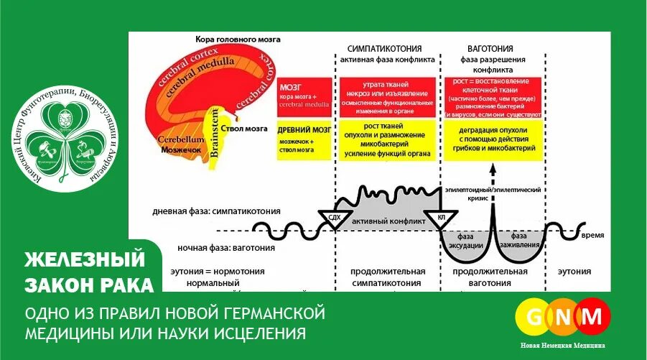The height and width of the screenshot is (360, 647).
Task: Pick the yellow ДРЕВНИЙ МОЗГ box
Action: (x=304, y=139)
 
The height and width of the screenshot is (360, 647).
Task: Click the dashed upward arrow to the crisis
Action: (x=493, y=175)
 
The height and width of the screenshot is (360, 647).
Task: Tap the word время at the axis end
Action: (x=592, y=236)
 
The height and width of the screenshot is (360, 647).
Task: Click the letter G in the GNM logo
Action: (x=535, y=316)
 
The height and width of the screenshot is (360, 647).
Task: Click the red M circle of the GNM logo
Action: (x=593, y=316)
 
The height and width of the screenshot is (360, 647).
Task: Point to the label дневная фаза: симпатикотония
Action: (x=216, y=211)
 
